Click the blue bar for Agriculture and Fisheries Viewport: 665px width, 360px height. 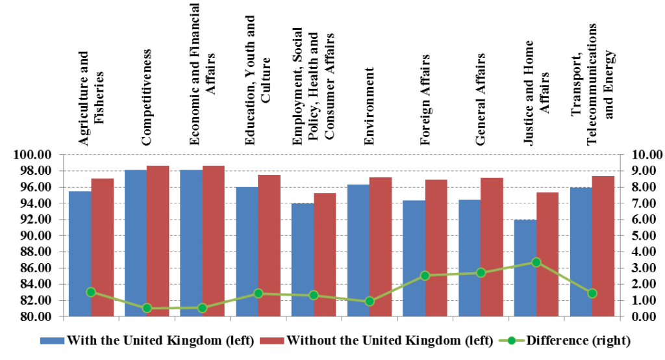pyautogui.click(x=80, y=253)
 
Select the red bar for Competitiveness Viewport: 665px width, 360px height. pyautogui.click(x=158, y=241)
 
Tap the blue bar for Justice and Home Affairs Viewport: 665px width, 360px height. pyautogui.click(x=525, y=268)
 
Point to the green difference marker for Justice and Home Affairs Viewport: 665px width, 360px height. pyautogui.click(x=536, y=263)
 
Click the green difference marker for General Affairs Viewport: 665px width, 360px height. pyautogui.click(x=481, y=273)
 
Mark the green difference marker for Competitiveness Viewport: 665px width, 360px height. pyautogui.click(x=147, y=308)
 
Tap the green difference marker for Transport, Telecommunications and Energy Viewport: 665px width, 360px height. pyautogui.click(x=592, y=294)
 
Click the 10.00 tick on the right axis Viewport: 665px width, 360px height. pyautogui.click(x=642, y=155)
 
